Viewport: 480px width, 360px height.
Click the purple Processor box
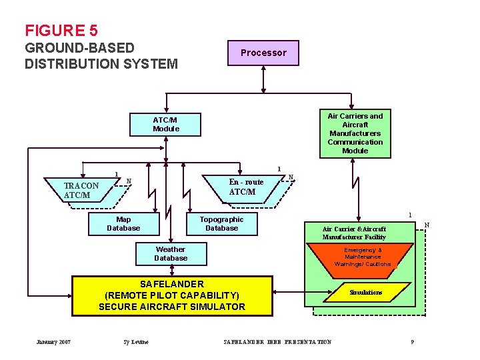(263, 53)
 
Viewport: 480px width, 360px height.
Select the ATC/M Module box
(166, 124)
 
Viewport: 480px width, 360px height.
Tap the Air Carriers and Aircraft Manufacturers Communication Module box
(355, 133)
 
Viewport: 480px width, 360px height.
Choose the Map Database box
(123, 224)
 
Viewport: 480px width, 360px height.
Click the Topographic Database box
(221, 224)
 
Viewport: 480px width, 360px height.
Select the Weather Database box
(171, 254)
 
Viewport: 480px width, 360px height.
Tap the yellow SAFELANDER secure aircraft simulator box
(172, 295)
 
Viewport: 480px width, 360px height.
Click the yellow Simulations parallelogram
(366, 293)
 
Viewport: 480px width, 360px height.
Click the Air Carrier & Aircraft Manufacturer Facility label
(354, 233)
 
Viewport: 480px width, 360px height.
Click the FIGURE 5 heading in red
(61, 31)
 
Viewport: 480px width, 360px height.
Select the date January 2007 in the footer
(54, 342)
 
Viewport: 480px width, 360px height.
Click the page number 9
(413, 342)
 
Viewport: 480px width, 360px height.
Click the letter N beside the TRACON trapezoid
(129, 181)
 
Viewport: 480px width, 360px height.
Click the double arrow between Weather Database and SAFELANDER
(172, 269)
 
